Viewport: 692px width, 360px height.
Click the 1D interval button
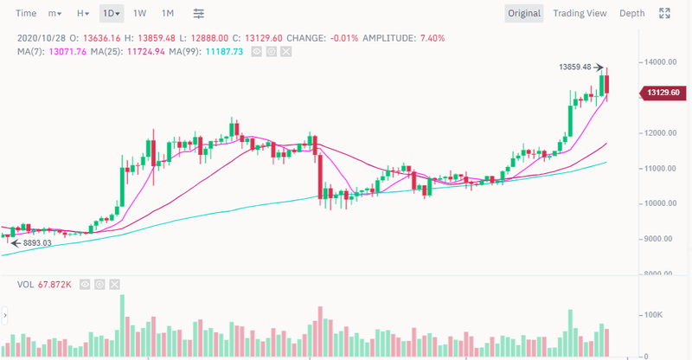111,13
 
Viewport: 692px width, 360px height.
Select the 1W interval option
139,13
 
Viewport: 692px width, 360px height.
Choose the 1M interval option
168,13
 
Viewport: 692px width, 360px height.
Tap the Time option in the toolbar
26,13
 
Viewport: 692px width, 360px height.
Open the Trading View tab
580,13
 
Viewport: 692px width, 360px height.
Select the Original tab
524,13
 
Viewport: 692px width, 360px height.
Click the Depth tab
632,13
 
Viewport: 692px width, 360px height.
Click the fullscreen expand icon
665,13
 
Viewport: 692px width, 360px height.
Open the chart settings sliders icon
199,13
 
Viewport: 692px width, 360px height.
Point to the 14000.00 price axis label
659,62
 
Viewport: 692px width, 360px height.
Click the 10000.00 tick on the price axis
659,203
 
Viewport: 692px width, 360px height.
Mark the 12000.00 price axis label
659,133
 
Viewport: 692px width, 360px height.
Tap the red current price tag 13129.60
664,93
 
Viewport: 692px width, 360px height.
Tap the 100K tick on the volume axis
652,315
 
